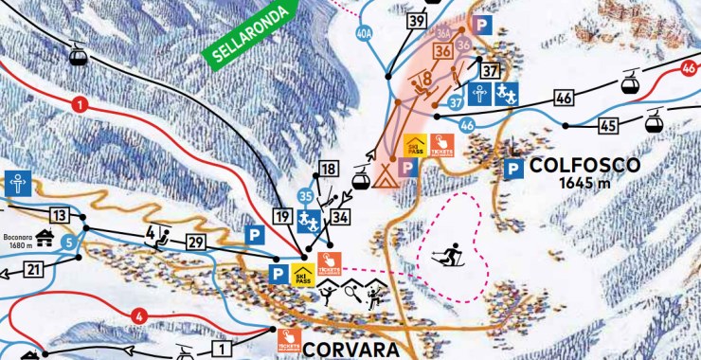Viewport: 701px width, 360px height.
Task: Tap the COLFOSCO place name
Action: (x=585, y=165)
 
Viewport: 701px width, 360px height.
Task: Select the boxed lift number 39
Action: (x=415, y=21)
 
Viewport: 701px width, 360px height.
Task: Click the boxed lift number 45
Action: (x=608, y=124)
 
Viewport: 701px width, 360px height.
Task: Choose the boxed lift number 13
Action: (x=61, y=214)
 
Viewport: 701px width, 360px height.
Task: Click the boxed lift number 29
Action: (x=196, y=243)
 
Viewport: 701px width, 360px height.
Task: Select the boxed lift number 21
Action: (x=34, y=271)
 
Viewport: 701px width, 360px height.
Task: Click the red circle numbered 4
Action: (x=139, y=315)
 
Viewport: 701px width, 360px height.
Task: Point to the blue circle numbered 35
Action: (x=305, y=196)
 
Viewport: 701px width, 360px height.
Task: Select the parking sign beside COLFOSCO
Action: (x=513, y=171)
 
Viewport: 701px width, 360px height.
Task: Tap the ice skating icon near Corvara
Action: (x=327, y=295)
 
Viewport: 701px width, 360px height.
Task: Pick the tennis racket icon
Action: (x=351, y=295)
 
